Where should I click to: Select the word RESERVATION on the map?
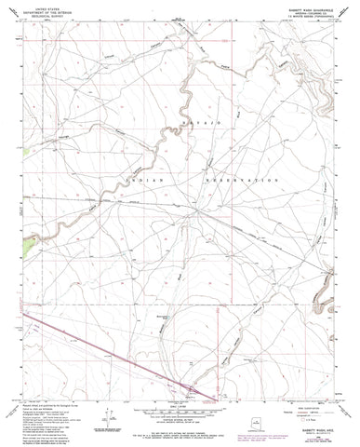point(241,177)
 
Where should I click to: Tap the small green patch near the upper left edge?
point(38,146)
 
